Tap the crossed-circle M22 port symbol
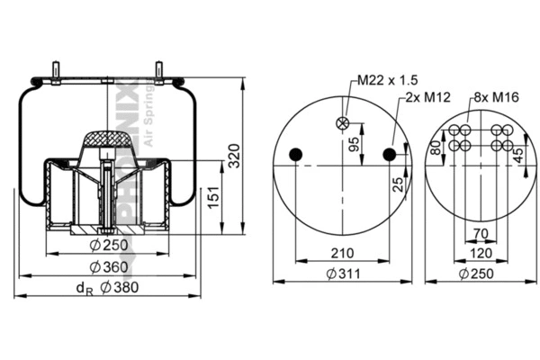click(343, 124)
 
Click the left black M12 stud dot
click(294, 156)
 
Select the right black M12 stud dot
click(391, 156)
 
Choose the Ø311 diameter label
click(342, 274)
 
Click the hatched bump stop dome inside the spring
click(106, 139)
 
